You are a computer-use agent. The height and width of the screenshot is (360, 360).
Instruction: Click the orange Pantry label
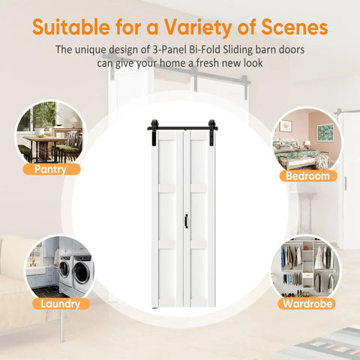tap(52, 169)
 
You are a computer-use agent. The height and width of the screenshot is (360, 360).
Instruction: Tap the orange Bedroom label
tap(308, 176)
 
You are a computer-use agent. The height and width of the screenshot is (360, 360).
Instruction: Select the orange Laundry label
tap(61, 304)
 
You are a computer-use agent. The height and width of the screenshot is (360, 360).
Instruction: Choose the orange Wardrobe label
tap(307, 304)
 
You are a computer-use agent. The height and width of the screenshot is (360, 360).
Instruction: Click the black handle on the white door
tap(186, 221)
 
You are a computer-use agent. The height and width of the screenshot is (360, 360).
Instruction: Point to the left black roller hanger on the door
tap(154, 133)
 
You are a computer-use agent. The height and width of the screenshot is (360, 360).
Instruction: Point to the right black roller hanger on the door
tap(211, 133)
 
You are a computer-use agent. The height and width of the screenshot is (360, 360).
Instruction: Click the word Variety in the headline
tap(198, 28)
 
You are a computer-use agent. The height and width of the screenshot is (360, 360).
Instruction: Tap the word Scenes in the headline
tap(295, 27)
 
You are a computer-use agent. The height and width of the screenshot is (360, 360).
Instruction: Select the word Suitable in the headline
tap(71, 27)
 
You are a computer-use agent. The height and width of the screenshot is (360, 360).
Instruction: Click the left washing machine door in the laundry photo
tap(64, 269)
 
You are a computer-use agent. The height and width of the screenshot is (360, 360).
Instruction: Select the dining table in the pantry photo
tap(43, 148)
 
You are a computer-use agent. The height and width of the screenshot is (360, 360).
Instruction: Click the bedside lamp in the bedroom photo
tap(307, 146)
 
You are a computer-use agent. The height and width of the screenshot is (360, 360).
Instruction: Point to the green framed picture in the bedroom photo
tap(325, 132)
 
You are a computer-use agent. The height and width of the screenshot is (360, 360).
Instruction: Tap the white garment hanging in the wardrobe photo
tap(319, 257)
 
